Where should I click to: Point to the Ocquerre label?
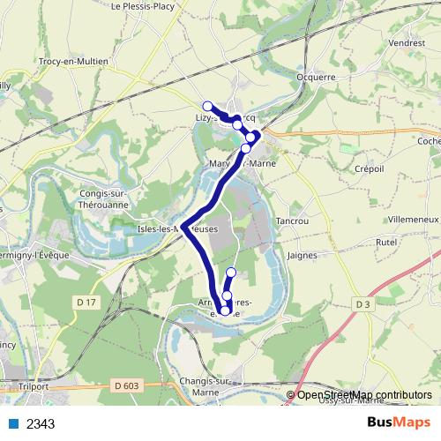coord(317,77)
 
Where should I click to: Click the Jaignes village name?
coord(303,255)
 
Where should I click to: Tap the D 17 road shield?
coord(86,303)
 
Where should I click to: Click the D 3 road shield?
coord(362,304)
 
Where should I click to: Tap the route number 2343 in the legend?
coord(41,423)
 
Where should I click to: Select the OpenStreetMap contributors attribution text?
coord(364,394)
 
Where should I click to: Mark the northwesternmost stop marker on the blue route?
coord(207,106)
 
